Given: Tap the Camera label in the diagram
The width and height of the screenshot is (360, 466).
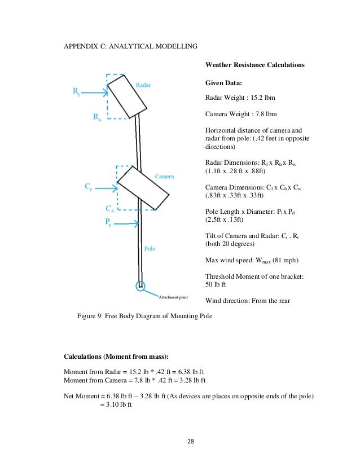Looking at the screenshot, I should (165, 177).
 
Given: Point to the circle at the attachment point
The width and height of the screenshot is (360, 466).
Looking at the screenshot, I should (141, 286).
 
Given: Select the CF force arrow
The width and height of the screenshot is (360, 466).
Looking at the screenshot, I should (105, 186).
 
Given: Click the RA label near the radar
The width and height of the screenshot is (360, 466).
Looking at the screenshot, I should (97, 117).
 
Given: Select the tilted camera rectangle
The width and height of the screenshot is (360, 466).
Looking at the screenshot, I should (143, 188).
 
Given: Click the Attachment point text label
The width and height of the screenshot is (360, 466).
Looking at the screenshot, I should (174, 297).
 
